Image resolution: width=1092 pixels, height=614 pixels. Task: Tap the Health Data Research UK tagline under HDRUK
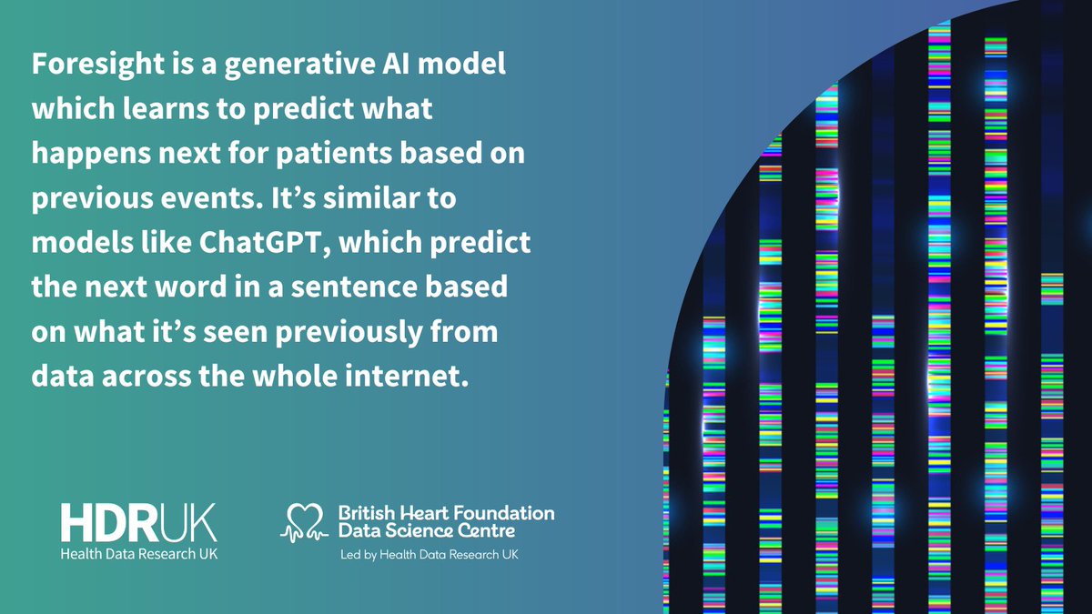tap(139, 554)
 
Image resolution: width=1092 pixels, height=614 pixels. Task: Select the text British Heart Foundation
tap(445, 512)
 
